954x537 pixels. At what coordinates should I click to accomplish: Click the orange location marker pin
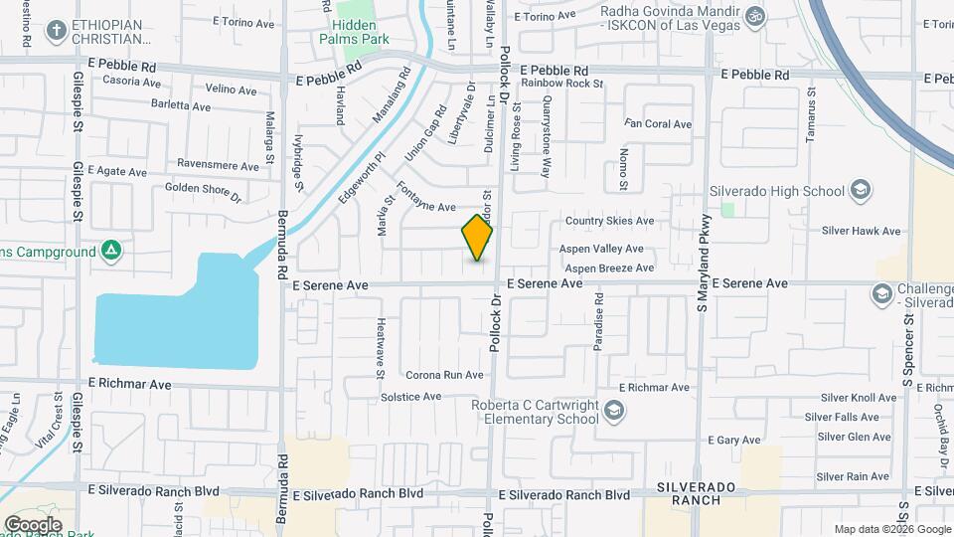click(x=478, y=237)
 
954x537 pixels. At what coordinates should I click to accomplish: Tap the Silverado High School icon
click(x=861, y=191)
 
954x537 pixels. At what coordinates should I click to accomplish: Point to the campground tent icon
click(x=113, y=250)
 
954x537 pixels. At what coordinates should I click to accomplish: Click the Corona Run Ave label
click(x=444, y=375)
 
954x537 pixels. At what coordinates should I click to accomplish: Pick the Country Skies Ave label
click(x=609, y=221)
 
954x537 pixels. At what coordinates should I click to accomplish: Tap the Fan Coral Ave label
click(x=657, y=124)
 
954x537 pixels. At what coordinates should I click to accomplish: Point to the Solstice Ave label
click(x=410, y=396)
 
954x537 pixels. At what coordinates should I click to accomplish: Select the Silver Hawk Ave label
click(x=861, y=231)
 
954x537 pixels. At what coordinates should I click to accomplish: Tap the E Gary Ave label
click(x=733, y=440)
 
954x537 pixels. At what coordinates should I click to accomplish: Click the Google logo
click(x=33, y=524)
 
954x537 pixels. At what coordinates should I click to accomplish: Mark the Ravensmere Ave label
click(x=217, y=163)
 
